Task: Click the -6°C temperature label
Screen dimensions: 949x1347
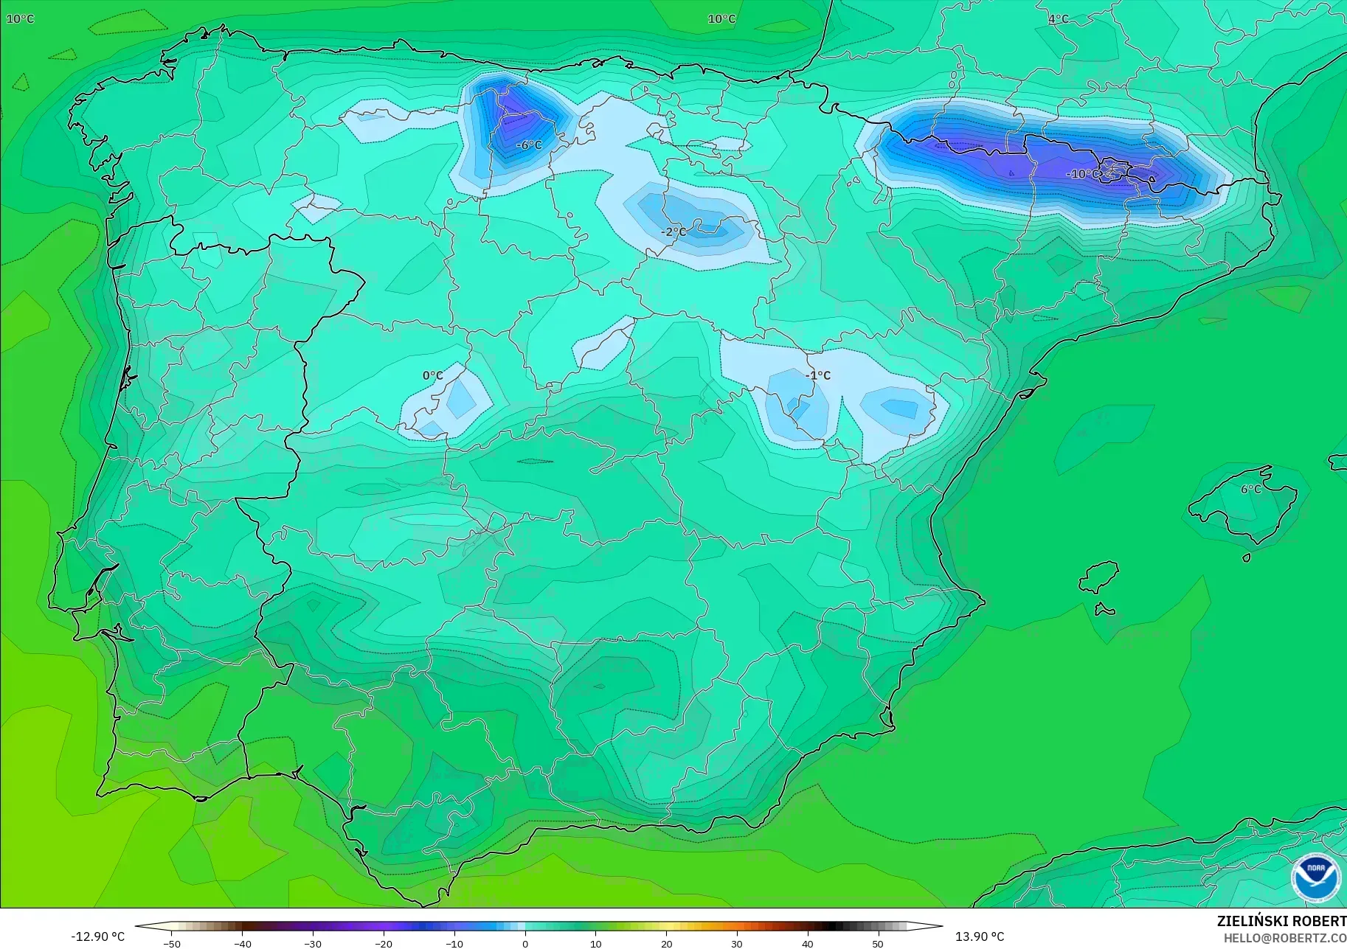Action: [x=529, y=145]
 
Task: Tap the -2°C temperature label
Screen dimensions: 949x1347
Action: [x=673, y=232]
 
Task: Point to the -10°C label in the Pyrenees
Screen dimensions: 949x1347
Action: [x=1082, y=175]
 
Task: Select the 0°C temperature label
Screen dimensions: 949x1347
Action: [x=433, y=376]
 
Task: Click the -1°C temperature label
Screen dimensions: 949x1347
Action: [x=818, y=375]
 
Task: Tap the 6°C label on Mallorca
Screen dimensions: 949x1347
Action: [x=1251, y=489]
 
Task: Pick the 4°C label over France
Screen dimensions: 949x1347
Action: [x=1059, y=19]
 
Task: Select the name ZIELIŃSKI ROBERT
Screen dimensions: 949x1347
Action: [x=1281, y=922]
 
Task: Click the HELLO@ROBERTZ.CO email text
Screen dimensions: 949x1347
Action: [x=1285, y=939]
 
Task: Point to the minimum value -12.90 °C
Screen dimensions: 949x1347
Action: [x=98, y=936]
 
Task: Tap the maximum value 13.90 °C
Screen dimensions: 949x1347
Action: [x=980, y=936]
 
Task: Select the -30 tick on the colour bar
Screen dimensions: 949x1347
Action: [x=313, y=944]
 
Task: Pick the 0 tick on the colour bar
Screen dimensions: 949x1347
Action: [x=525, y=944]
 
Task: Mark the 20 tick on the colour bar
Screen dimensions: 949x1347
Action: [x=666, y=944]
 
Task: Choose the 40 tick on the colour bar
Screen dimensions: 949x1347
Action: [x=808, y=944]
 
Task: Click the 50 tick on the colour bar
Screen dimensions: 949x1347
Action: [x=878, y=944]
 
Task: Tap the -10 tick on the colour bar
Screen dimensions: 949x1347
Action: [x=454, y=944]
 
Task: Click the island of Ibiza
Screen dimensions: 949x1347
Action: [x=1099, y=577]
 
